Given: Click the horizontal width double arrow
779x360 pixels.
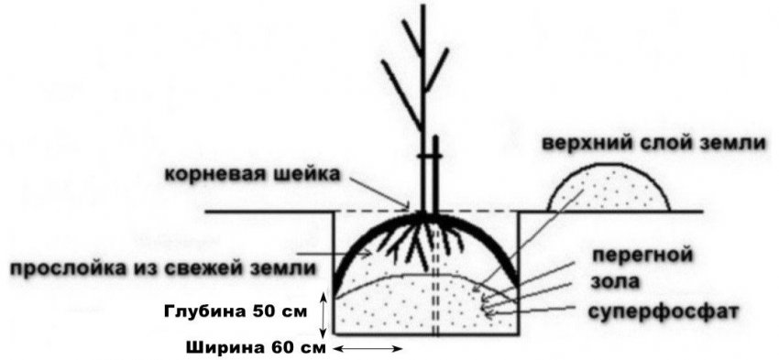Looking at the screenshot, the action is tap(368, 349).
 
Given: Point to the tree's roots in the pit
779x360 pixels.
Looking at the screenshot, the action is tap(417, 240).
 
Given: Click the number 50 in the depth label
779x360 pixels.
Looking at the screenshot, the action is tap(274, 310).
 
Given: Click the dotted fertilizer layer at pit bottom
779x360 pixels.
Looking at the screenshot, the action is tap(422, 307).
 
